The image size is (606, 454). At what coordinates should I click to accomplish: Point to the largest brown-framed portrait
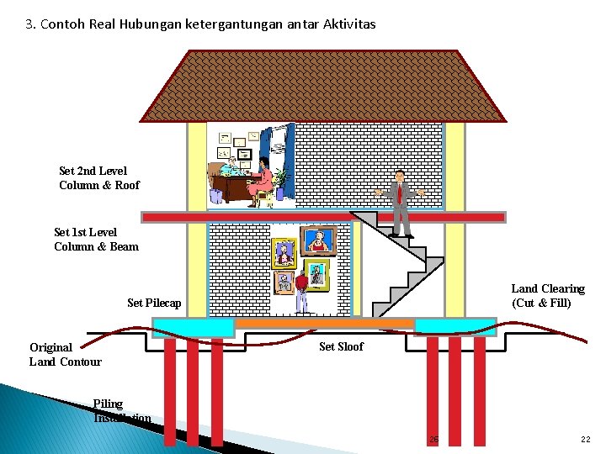(x=318, y=241)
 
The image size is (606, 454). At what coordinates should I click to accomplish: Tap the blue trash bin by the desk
(x=216, y=195)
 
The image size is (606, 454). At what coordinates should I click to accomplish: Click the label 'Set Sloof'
(x=341, y=346)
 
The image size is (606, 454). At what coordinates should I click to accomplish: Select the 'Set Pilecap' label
(x=154, y=303)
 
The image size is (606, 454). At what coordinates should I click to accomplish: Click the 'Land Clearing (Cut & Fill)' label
(x=547, y=296)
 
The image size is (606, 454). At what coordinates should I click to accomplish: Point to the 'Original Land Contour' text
(x=65, y=354)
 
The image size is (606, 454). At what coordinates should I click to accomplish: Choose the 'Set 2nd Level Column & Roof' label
(x=99, y=178)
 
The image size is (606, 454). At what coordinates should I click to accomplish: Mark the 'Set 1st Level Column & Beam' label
(x=96, y=239)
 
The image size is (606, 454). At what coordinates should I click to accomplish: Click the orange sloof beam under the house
(x=324, y=322)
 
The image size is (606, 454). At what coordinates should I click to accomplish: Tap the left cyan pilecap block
(x=193, y=326)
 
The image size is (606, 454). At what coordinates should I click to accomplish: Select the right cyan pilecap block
(x=455, y=325)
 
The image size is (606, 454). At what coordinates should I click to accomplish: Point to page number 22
(x=585, y=440)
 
